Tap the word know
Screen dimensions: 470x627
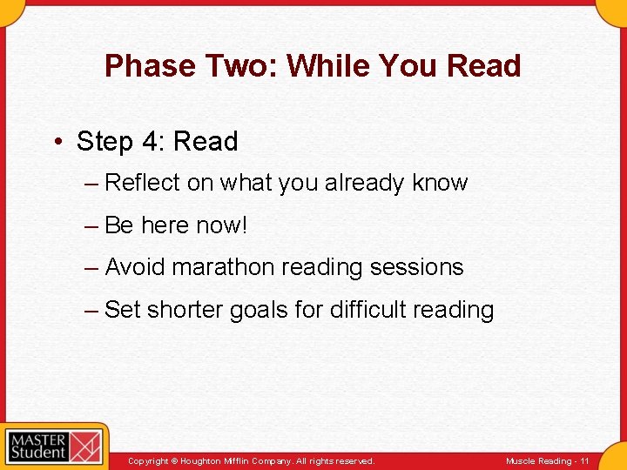click(440, 183)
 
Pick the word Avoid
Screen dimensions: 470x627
click(135, 267)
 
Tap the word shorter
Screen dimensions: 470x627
click(185, 310)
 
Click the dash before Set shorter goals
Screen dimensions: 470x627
click(91, 310)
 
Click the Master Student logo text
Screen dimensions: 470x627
click(37, 446)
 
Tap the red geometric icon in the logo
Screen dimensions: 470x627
click(86, 446)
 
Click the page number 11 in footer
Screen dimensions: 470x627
click(584, 461)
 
